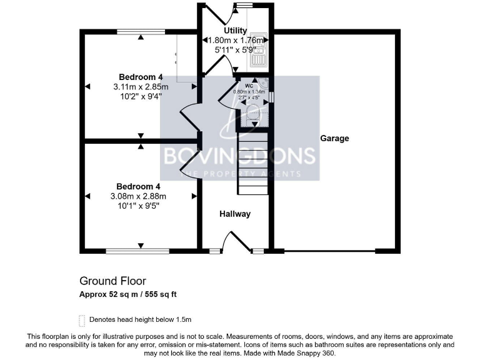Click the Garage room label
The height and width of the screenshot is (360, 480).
tap(334, 138)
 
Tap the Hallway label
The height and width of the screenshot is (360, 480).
tap(234, 214)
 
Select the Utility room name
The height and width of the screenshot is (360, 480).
tap(236, 30)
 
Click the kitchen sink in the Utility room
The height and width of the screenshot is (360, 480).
tap(258, 50)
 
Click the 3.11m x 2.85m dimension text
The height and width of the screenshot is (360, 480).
tap(141, 86)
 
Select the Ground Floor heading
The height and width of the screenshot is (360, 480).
tap(112, 281)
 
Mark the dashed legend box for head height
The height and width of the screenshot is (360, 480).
tap(81, 320)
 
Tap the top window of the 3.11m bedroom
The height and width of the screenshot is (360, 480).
tap(141, 31)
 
